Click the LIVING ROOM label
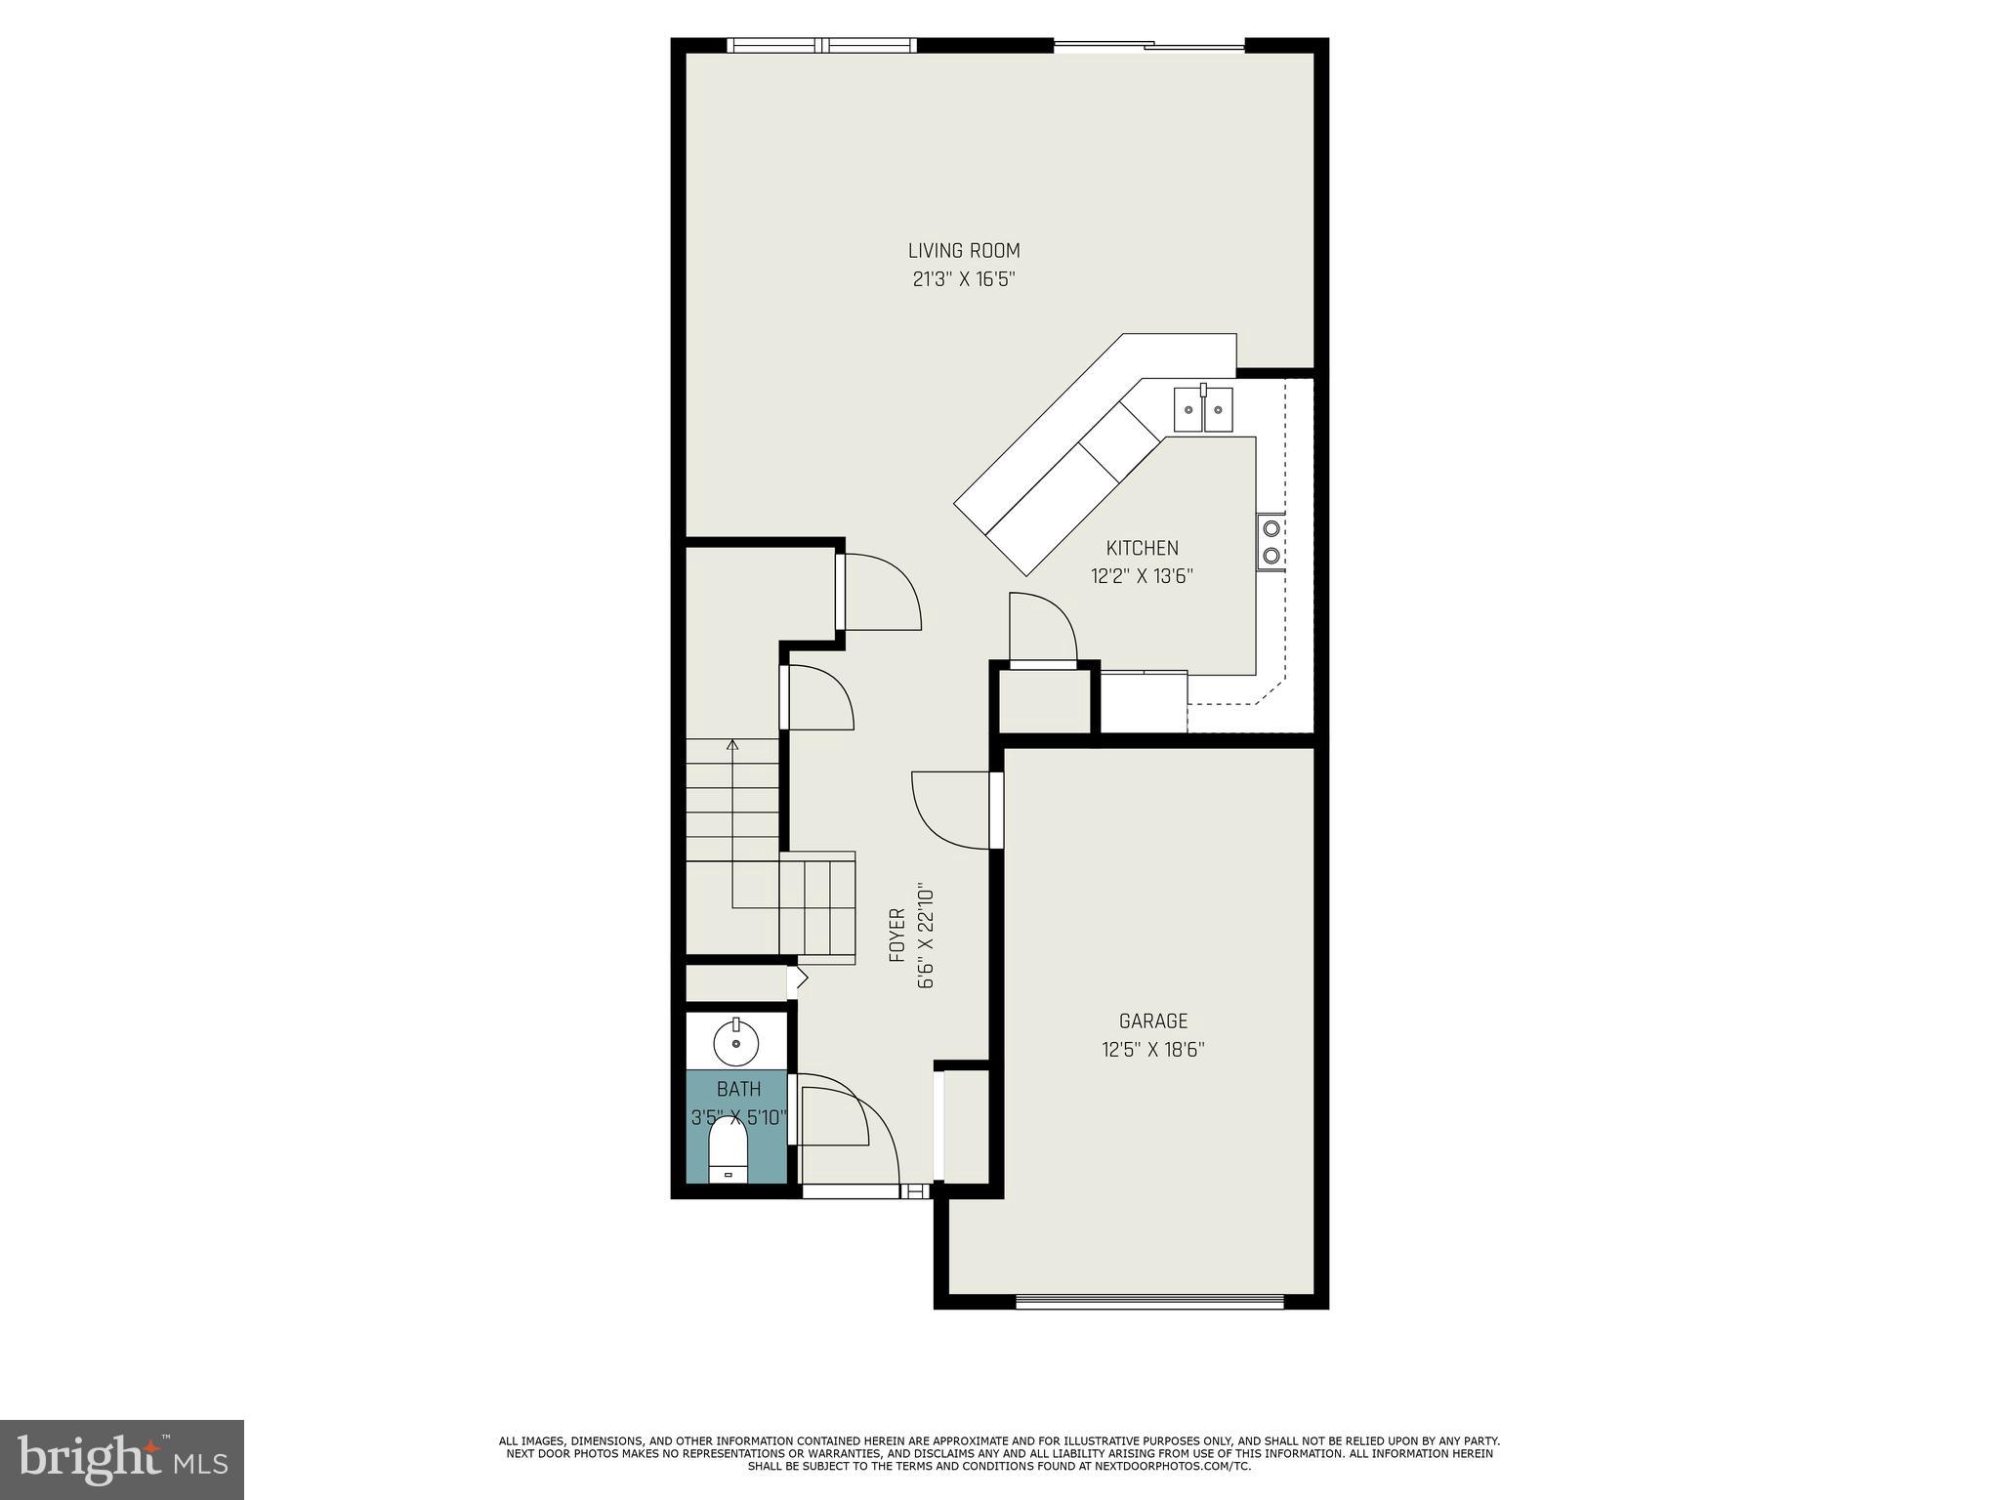point(964,251)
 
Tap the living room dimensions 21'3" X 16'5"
point(964,279)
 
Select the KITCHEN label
point(1142,548)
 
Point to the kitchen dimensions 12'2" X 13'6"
point(1142,576)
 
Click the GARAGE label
point(1153,1021)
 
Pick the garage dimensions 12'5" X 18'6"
point(1153,1050)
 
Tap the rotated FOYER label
point(897,936)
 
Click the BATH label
point(738,1089)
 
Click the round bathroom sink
point(735,1042)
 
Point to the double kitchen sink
point(1203,408)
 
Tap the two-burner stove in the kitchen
point(1271,542)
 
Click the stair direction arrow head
point(732,745)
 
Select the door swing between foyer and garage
point(949,807)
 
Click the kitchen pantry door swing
point(1041,628)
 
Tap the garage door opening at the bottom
point(1149,1301)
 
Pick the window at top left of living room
point(822,45)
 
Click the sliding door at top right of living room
point(1149,45)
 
